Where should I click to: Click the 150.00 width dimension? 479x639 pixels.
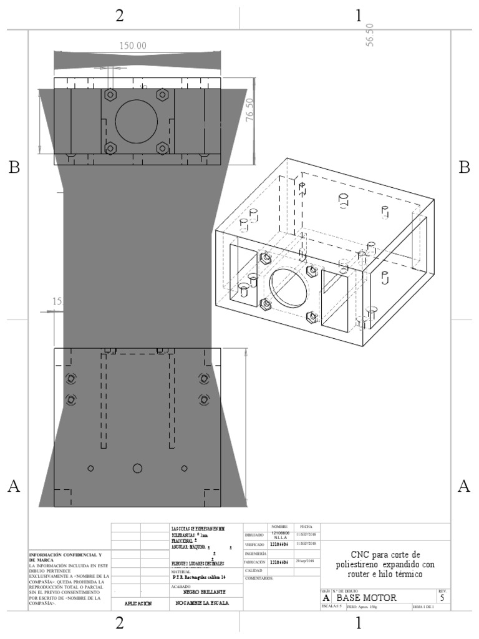tap(132, 46)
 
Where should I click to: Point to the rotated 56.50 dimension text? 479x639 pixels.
tap(370, 34)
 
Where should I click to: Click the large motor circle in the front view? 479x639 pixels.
tap(137, 120)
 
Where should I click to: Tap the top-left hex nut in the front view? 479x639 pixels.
tap(110, 94)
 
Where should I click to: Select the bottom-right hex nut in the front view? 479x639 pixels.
tap(163, 148)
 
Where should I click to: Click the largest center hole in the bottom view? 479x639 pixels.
tap(137, 468)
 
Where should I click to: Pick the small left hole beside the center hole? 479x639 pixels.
tap(90, 469)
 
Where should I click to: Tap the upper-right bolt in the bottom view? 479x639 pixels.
tap(203, 378)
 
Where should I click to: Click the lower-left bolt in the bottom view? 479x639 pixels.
tap(70, 399)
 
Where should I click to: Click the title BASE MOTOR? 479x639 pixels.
tap(366, 598)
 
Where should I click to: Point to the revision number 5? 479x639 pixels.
tap(442, 598)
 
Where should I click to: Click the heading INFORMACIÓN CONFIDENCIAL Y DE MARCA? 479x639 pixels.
tap(65, 558)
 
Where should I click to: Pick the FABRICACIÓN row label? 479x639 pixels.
tap(255, 562)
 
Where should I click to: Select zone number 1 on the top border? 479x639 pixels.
tap(359, 16)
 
